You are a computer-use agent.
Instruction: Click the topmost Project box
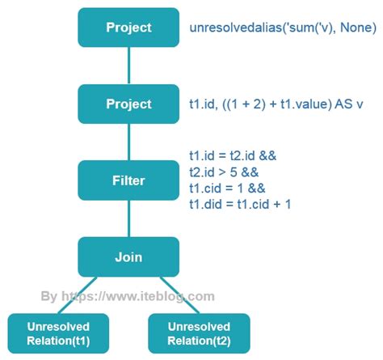[x=128, y=28]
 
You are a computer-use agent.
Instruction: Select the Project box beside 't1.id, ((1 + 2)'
[x=128, y=104]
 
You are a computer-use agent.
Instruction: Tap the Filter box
[x=128, y=180]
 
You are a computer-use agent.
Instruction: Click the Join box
[x=128, y=257]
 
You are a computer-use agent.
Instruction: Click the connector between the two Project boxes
[x=128, y=66]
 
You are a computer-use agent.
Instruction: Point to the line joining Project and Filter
[x=128, y=142]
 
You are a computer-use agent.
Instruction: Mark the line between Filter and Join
[x=128, y=218]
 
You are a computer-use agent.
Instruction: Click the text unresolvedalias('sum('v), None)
[x=282, y=28]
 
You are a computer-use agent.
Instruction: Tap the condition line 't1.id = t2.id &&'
[x=233, y=155]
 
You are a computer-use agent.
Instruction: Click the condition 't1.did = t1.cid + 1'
[x=240, y=204]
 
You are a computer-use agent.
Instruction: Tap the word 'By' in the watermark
[x=49, y=296]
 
